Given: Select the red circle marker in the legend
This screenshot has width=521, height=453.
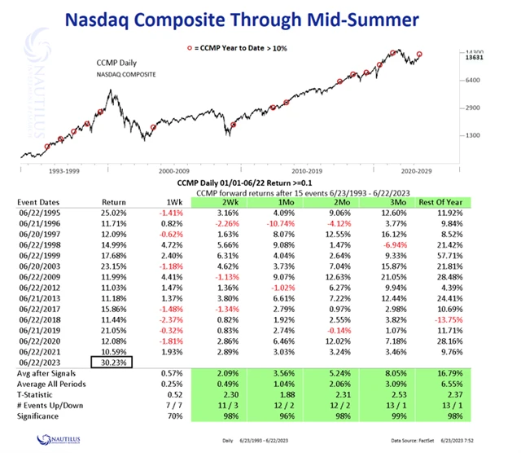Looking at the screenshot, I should [189, 49].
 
